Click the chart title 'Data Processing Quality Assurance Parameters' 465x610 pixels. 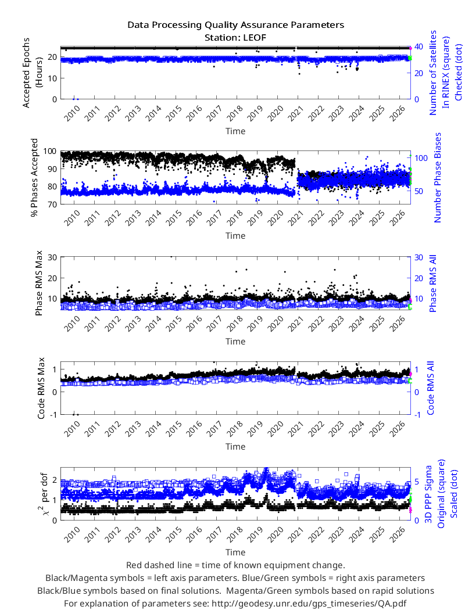click(235, 25)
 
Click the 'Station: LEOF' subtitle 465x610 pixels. click(235, 38)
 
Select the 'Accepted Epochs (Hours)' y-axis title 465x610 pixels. click(32, 73)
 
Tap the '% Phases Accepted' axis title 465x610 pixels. click(35, 178)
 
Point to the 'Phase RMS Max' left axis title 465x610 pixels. click(38, 288)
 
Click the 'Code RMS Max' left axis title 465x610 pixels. click(41, 388)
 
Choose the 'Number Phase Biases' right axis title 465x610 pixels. click(438, 177)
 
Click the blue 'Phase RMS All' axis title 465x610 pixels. click(432, 284)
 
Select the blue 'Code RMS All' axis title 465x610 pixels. click(430, 388)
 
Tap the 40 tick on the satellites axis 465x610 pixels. click(419, 46)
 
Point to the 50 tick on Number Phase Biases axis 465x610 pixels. click(420, 191)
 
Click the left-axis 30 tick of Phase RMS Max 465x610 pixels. click(52, 257)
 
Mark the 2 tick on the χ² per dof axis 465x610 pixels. click(55, 480)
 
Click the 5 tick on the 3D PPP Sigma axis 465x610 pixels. click(417, 482)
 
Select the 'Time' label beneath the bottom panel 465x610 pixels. click(235, 552)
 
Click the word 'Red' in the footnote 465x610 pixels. click(134, 565)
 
